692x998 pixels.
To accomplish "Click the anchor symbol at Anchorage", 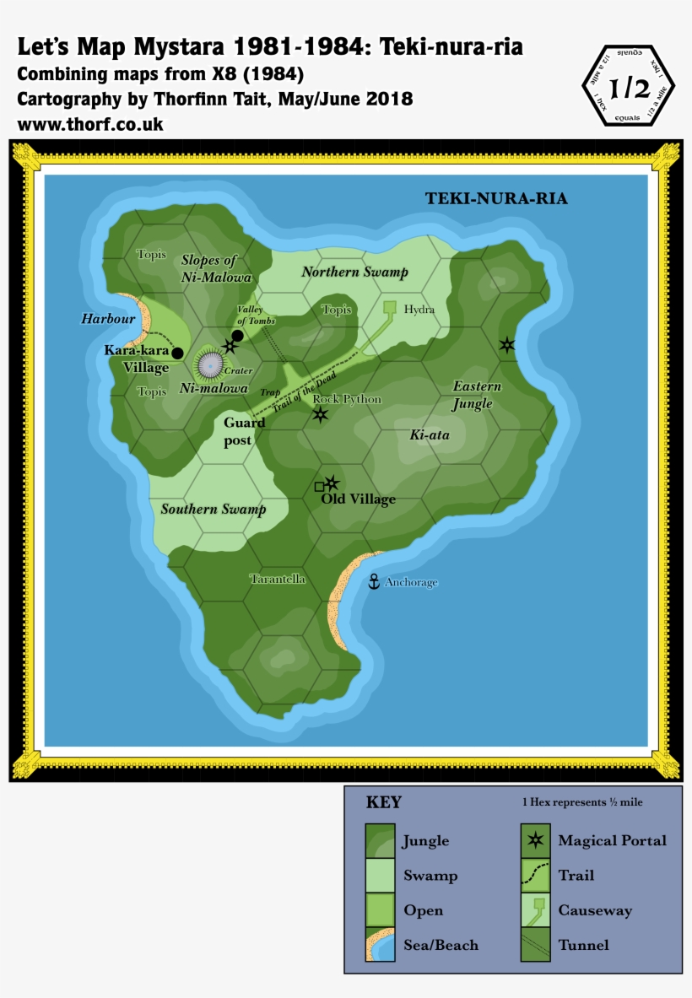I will tap(374, 581).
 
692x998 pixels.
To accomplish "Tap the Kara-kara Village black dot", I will tap(177, 353).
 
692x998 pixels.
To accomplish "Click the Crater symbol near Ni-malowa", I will tap(210, 364).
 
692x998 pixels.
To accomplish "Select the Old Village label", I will tap(358, 499).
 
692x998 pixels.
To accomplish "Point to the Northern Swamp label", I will tap(354, 272).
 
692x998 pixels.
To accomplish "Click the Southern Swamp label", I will tap(214, 509).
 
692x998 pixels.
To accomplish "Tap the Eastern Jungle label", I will tap(477, 395).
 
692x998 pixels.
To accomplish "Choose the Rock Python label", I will tap(347, 399).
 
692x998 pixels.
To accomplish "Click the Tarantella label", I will tap(278, 579).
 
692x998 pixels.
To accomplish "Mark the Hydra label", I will tap(419, 310).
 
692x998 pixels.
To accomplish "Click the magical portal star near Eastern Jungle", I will tap(506, 344).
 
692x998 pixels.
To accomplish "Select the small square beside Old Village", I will tap(319, 487).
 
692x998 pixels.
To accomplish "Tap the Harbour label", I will tap(108, 319).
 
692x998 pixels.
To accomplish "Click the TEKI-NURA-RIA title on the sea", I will tap(496, 199).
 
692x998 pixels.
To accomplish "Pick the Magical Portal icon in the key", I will tap(535, 839).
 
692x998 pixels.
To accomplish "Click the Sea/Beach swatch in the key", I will tap(380, 945).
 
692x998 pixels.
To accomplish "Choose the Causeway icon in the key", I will tap(535, 910).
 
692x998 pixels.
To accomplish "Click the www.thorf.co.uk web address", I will tap(90, 124).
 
